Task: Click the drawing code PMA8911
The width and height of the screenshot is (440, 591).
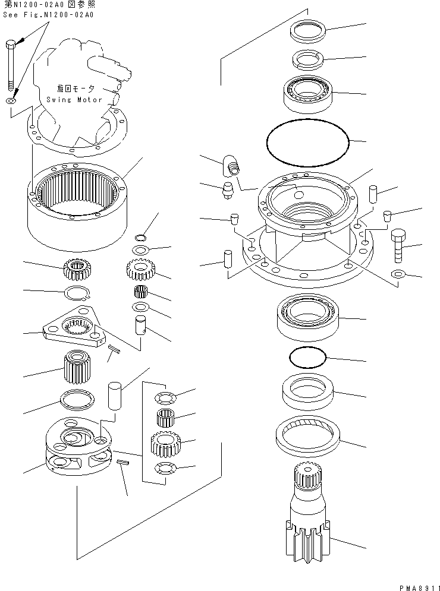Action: pyautogui.click(x=415, y=584)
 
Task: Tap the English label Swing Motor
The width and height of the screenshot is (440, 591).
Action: pyautogui.click(x=74, y=99)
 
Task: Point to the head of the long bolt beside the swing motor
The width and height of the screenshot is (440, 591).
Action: pyautogui.click(x=11, y=45)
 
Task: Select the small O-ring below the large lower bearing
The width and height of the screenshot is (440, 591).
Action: pyautogui.click(x=307, y=358)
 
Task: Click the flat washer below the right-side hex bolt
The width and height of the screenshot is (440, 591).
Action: pyautogui.click(x=398, y=274)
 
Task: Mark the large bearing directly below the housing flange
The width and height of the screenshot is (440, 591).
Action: pyautogui.click(x=307, y=317)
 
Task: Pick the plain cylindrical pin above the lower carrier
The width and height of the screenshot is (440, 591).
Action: pyautogui.click(x=114, y=396)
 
